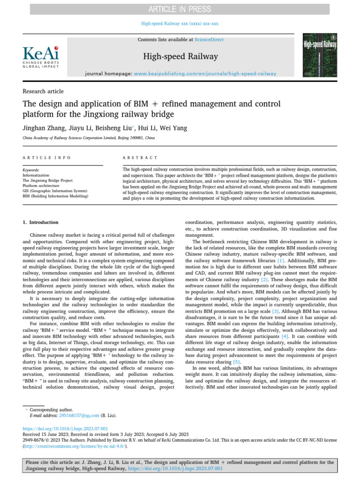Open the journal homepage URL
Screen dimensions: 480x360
(x=205, y=74)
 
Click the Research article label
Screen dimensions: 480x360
(x=43, y=91)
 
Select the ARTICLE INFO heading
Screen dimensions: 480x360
(x=47, y=158)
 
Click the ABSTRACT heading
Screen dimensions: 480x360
(x=140, y=158)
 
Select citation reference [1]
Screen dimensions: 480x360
(x=281, y=260)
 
